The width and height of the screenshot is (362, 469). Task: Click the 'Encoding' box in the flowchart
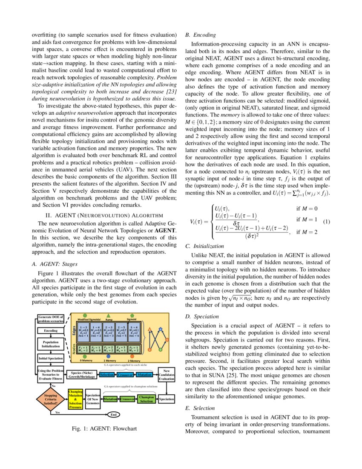click(51, 330)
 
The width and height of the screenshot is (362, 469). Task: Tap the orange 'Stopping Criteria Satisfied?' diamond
click(51, 400)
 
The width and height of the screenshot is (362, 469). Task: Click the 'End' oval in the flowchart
click(114, 414)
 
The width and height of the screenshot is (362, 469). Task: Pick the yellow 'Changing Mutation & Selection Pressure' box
click(75, 399)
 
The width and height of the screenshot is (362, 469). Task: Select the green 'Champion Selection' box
click(147, 399)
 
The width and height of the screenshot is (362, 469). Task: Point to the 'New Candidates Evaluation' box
click(167, 374)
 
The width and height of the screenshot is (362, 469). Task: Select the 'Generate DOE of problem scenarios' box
click(51, 319)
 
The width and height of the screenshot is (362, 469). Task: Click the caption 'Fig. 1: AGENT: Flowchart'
click(105, 428)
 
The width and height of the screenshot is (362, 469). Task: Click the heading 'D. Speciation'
click(204, 316)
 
